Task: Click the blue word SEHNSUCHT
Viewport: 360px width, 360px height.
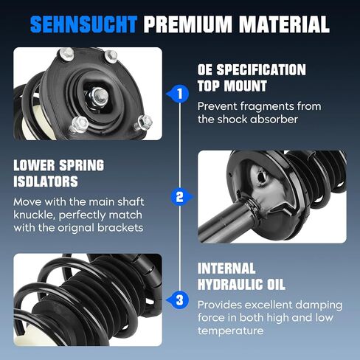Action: [x=83, y=24]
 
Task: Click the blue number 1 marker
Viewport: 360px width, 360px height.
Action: [x=179, y=94]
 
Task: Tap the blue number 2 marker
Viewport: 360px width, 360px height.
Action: [x=181, y=197]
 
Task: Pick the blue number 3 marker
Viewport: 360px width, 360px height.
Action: [x=179, y=300]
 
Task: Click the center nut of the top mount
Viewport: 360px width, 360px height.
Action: [x=100, y=95]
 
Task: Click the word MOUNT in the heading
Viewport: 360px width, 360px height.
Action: [x=246, y=86]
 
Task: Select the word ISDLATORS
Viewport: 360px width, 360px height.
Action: [x=46, y=181]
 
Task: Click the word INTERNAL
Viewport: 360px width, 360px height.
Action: [x=226, y=269]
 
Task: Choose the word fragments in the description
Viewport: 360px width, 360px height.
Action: [x=266, y=107]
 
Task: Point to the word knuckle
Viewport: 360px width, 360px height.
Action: [x=35, y=215]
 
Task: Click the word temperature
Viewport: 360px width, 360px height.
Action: [x=230, y=330]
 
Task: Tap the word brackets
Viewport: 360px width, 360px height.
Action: [x=120, y=228]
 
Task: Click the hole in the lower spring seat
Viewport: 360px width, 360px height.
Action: [x=262, y=176]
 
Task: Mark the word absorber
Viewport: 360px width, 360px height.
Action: [x=274, y=120]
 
